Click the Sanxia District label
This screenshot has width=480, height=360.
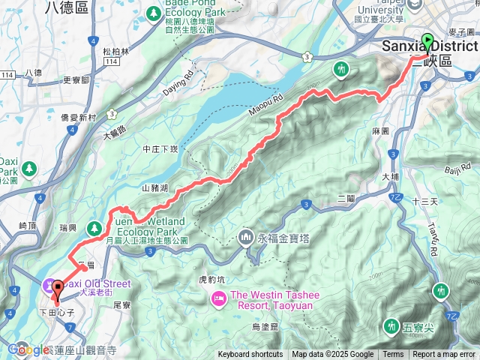pyautogui.click(x=430, y=46)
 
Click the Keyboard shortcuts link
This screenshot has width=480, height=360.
pyautogui.click(x=250, y=355)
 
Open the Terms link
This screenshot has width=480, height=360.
pyautogui.click(x=393, y=355)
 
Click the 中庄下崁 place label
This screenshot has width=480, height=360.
pyautogui.click(x=160, y=149)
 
